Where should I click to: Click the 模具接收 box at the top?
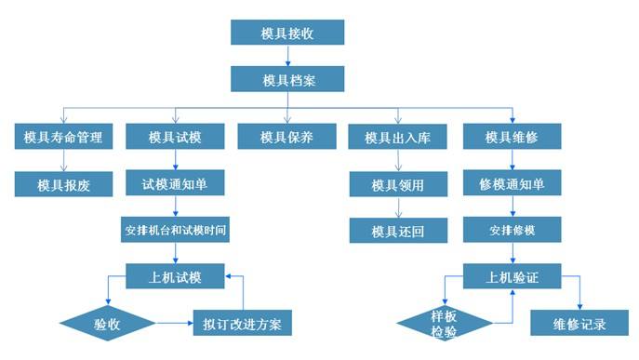[x=287, y=33]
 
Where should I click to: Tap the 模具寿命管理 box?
[x=62, y=137]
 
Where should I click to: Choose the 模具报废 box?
[x=62, y=183]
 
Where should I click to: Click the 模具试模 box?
[x=175, y=137]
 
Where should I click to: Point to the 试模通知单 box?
[x=175, y=183]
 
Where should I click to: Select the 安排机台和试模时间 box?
[x=175, y=229]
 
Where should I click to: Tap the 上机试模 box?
[x=176, y=276]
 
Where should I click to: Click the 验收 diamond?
[x=107, y=324]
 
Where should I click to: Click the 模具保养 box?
[x=286, y=137]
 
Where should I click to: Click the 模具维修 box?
[x=512, y=137]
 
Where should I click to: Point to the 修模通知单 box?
[x=512, y=183]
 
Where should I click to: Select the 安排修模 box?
[x=512, y=229]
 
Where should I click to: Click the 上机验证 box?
[x=513, y=276]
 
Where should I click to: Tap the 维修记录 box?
[x=580, y=324]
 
